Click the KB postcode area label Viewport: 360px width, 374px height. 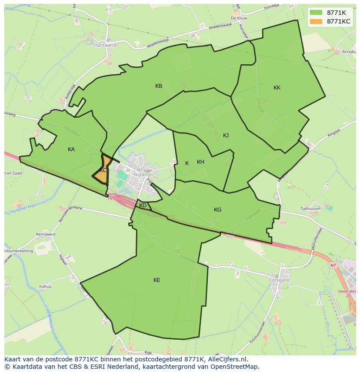(x=159, y=86)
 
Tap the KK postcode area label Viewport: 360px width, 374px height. (x=277, y=88)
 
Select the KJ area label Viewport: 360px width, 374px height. (x=226, y=136)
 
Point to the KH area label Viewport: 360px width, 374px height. (x=200, y=162)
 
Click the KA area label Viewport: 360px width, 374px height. (x=71, y=149)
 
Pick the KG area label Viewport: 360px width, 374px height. (x=217, y=210)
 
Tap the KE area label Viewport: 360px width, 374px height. (x=157, y=280)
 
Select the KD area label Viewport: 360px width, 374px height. (x=143, y=205)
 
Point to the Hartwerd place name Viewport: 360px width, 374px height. (x=105, y=45)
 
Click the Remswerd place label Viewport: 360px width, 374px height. (x=46, y=235)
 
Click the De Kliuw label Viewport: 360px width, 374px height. (x=239, y=18)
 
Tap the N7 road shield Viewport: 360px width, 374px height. (x=333, y=265)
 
